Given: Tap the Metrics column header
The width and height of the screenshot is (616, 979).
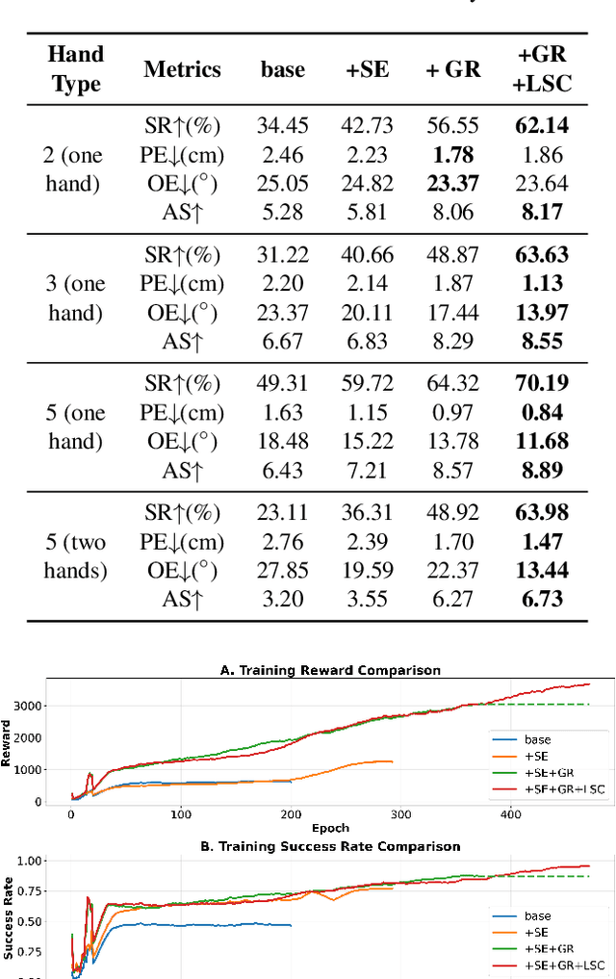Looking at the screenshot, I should click(x=182, y=69).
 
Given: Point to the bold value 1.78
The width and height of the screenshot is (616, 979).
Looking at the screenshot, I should click(x=452, y=154).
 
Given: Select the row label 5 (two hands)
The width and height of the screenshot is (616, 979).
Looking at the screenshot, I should click(x=75, y=555).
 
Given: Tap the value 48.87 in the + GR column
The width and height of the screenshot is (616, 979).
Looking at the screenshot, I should click(x=452, y=255).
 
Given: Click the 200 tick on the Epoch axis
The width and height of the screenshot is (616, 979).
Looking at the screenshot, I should click(x=290, y=814).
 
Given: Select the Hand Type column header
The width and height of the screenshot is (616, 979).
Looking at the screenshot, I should click(x=75, y=69).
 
